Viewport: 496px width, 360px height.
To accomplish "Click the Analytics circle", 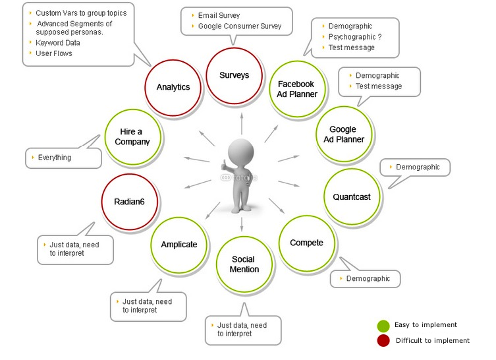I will (x=173, y=87).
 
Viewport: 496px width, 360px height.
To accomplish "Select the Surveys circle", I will (x=234, y=75).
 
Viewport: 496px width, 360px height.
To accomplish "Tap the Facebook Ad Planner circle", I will (x=297, y=89).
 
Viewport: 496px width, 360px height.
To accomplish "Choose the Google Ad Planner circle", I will (x=343, y=135).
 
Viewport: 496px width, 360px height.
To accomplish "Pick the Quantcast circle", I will (x=352, y=196).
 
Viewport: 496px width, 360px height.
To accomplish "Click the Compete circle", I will (x=306, y=243).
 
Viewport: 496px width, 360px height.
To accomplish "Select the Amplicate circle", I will (x=179, y=245).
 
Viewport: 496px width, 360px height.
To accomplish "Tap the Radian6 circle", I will (x=130, y=202).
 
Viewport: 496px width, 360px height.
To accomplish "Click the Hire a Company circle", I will (x=132, y=136).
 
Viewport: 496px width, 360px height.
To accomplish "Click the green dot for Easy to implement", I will (x=383, y=325).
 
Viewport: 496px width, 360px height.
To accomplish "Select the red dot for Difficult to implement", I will (x=383, y=341).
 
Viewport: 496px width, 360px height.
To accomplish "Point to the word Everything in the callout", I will (x=55, y=158).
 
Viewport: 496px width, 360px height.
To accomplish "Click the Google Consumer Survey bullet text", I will (x=240, y=26).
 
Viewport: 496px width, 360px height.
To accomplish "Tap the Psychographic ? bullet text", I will (x=355, y=37).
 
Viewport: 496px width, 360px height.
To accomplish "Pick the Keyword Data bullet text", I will (x=58, y=43).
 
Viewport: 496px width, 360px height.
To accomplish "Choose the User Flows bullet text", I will (x=54, y=53).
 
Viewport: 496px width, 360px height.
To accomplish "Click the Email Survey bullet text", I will (x=219, y=15).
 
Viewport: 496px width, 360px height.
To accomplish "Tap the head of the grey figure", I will (x=241, y=150).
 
